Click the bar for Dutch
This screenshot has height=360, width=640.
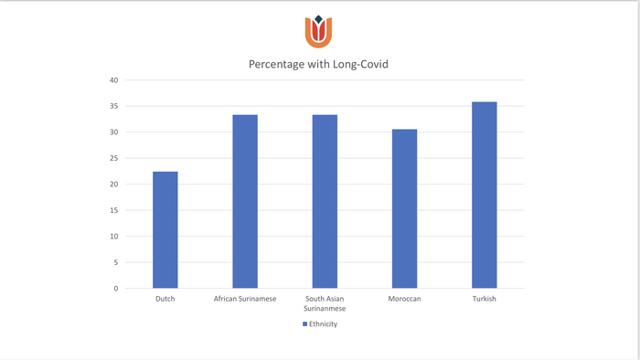coord(165,230)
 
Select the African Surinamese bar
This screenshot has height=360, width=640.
coord(245,201)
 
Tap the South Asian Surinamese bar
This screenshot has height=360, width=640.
coord(325,201)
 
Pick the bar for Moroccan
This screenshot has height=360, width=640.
coord(404,208)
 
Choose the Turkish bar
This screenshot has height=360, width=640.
coord(485,195)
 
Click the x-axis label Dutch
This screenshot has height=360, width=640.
coord(165,299)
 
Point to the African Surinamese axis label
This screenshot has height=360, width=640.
coord(245,299)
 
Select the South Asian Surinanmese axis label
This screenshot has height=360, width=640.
coord(325,303)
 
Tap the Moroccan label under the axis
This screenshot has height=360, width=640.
coord(404,299)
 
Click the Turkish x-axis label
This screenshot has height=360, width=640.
coord(485,299)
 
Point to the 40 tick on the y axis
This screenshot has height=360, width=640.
coord(114,80)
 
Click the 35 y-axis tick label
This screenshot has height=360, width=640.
coord(114,106)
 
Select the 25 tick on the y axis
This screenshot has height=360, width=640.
coord(114,158)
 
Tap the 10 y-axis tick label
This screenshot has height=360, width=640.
coord(114,237)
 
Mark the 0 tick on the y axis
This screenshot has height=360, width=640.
coord(116,289)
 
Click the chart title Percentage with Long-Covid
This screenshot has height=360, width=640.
coord(318,65)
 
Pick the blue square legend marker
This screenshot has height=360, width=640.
coord(304,324)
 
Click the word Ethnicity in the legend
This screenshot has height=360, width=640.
coord(324,324)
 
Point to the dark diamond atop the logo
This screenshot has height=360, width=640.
coord(319,19)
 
